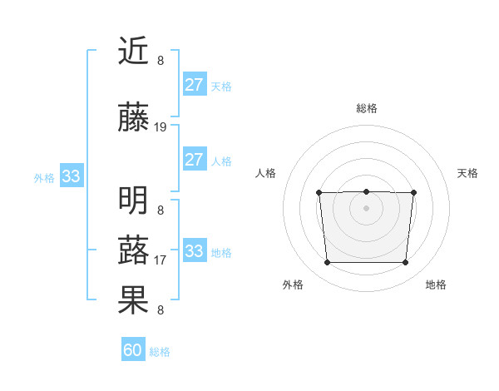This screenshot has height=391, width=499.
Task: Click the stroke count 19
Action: tap(161, 127)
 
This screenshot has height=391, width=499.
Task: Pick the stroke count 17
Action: tap(161, 260)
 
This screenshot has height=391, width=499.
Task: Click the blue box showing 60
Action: tap(133, 350)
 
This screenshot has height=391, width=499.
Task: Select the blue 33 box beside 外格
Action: tap(71, 176)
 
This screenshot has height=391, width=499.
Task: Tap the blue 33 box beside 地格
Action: tap(195, 251)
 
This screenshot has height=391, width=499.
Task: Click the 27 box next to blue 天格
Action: tap(195, 85)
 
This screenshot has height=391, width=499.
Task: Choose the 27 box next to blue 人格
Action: tap(195, 160)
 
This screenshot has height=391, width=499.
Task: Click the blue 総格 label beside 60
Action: tap(161, 352)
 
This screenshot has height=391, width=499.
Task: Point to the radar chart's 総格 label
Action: tap(366, 108)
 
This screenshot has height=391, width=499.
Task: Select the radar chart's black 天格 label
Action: tap(467, 173)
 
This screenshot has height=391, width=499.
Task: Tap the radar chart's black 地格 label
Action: tap(436, 285)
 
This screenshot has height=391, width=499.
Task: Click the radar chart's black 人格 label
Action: tap(265, 173)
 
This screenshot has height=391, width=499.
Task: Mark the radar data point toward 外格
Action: tap(327, 263)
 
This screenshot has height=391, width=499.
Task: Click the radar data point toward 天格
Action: tap(413, 193)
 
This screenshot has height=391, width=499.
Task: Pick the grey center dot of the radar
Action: tap(366, 208)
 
